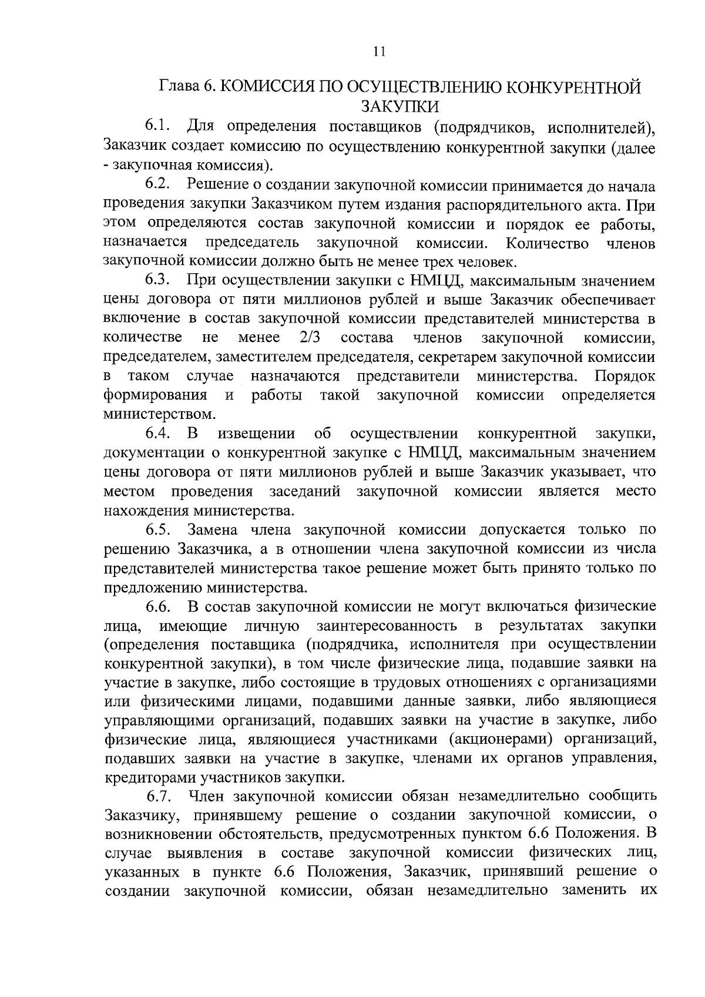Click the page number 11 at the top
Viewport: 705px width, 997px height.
click(x=379, y=52)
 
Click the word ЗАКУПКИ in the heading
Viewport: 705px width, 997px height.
click(x=399, y=106)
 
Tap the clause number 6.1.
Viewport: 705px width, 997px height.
click(x=159, y=126)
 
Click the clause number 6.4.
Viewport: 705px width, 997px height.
click(x=159, y=434)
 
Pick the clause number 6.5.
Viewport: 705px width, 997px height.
click(x=159, y=530)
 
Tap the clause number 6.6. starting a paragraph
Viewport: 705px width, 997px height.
click(x=159, y=606)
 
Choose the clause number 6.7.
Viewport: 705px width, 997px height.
click(x=159, y=797)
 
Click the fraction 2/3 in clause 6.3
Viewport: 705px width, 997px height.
click(x=311, y=338)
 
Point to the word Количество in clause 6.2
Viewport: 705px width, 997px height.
click(x=548, y=243)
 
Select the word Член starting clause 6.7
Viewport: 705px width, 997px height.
click(x=206, y=797)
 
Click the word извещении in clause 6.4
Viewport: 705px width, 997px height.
click(x=256, y=434)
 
